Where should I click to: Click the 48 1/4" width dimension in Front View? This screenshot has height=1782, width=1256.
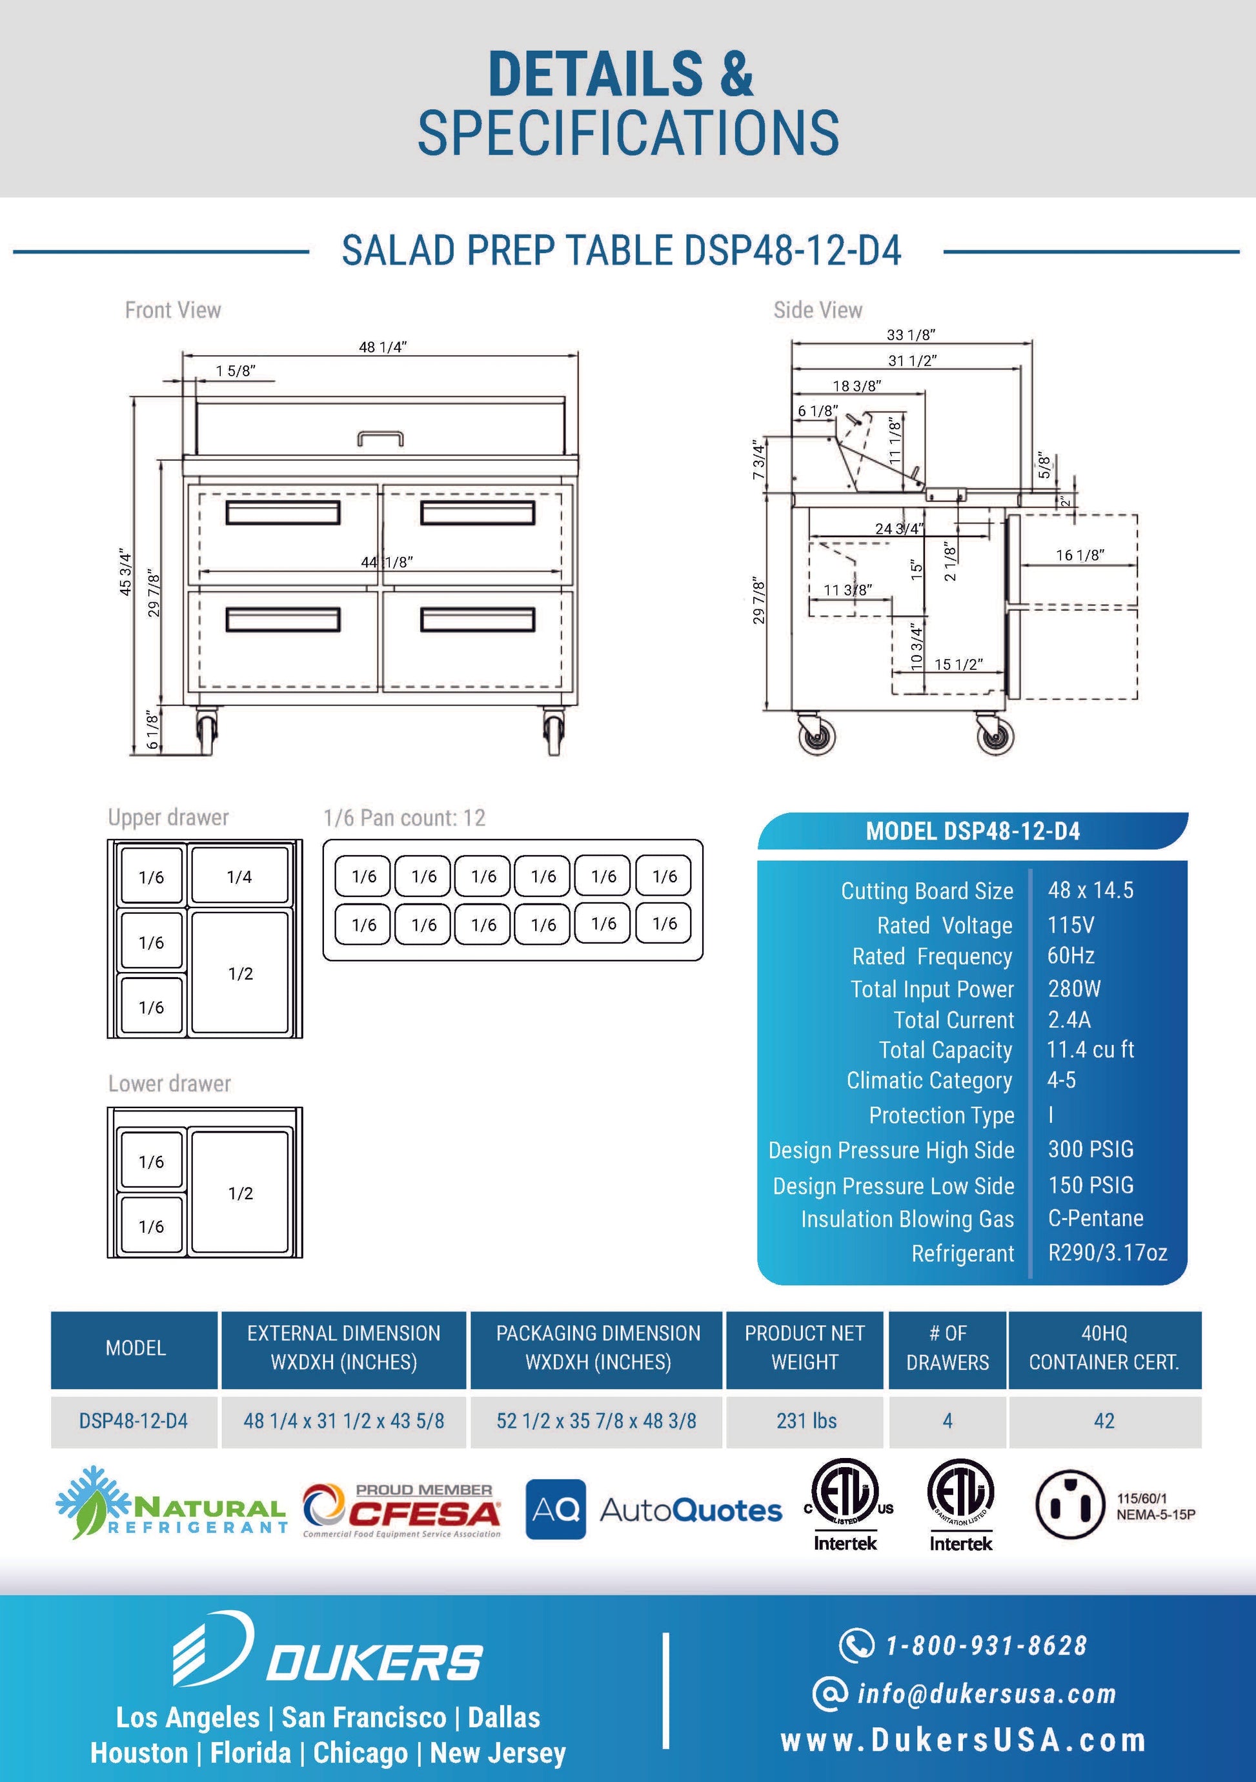382,347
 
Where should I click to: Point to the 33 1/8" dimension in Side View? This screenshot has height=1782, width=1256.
911,334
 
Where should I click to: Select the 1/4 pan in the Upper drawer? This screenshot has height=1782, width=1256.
239,876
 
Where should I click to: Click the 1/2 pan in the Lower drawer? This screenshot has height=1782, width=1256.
240,1192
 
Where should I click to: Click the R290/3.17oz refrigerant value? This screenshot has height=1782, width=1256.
1107,1252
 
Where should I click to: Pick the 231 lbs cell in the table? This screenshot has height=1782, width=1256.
805,1421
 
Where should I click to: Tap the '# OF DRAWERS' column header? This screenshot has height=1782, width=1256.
947,1348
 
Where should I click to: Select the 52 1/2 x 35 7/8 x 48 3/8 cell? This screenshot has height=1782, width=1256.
596,1421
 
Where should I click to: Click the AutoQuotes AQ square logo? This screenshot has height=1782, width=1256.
555,1509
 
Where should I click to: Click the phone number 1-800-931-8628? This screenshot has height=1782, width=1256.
986,1645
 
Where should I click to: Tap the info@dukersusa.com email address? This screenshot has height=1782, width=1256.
986,1693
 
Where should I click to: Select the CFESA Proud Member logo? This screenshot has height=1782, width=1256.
401,1510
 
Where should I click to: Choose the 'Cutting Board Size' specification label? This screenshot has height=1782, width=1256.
927,890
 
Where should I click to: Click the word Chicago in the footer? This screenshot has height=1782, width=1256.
360,1752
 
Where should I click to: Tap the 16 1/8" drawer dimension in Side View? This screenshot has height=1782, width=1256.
1079,555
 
